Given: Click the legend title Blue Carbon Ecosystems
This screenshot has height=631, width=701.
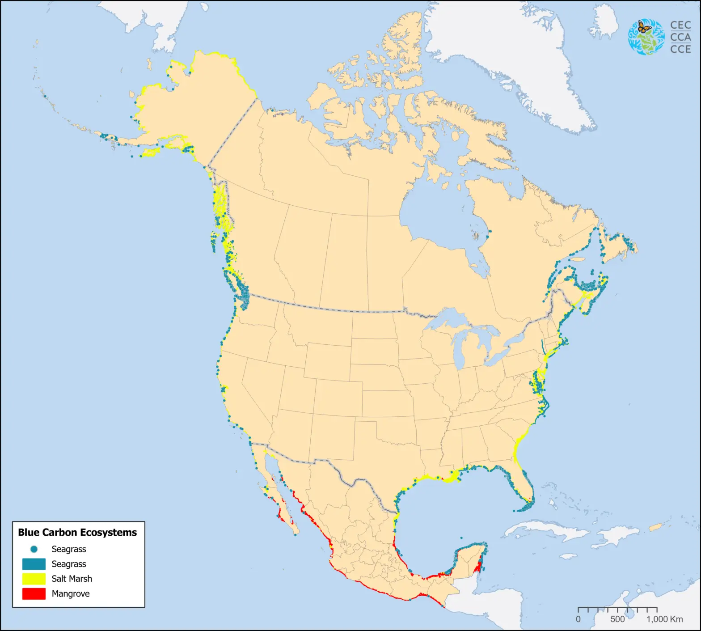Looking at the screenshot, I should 77,532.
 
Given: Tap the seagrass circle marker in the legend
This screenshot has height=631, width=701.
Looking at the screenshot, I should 34,549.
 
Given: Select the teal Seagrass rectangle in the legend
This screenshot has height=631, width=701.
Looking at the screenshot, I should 34,564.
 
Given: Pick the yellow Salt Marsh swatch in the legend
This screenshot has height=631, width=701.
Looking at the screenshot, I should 34,579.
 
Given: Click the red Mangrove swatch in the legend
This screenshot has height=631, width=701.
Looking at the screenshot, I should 34,594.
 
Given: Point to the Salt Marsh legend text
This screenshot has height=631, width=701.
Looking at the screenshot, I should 72,579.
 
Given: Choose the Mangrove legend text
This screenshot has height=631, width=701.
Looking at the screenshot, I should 71,594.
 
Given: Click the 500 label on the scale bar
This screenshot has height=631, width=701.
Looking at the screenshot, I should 617,619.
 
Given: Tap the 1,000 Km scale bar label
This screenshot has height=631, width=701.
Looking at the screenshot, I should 664,619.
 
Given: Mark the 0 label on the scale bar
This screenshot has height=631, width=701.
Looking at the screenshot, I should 578,619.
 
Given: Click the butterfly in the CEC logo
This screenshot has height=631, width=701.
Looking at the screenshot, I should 644,27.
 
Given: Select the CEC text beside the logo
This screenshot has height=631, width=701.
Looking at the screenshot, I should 680,25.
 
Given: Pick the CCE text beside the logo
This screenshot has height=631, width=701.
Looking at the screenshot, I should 680,49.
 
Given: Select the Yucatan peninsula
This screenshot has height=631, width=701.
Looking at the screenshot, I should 469,559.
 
